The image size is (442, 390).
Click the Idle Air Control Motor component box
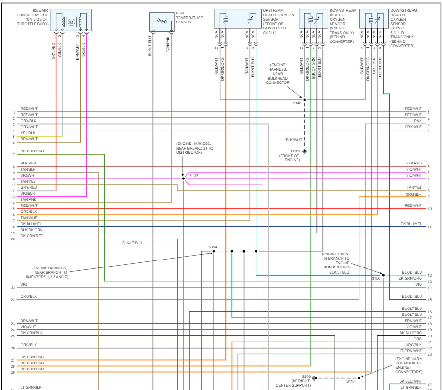pyautogui.click(x=71, y=21)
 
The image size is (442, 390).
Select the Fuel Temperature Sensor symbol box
pyautogui.click(x=162, y=21)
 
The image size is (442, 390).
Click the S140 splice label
pyautogui.click(x=297, y=103)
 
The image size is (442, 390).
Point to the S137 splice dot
pyautogui.click(x=184, y=178)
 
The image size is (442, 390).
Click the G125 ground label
pyautogui.click(x=296, y=151)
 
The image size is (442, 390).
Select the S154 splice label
pyautogui.click(x=213, y=246)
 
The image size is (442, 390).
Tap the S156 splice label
pyautogui.click(x=376, y=278)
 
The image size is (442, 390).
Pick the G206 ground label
pyautogui.click(x=306, y=376)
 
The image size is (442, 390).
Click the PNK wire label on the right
pyautogui.click(x=418, y=121)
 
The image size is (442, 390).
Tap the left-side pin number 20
pyautogui.click(x=13, y=239)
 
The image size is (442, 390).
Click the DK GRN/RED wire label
pyautogui.click(x=32, y=236)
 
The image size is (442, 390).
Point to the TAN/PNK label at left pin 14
pyautogui.click(x=28, y=199)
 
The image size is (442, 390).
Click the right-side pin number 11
pyautogui.click(x=429, y=227)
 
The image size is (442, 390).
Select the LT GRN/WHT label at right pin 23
pyautogui.click(x=411, y=351)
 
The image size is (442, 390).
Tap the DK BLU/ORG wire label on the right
pyautogui.click(x=411, y=333)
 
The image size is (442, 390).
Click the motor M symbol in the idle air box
pyautogui.click(x=71, y=21)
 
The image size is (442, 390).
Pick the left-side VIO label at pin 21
pyautogui.click(x=24, y=284)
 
